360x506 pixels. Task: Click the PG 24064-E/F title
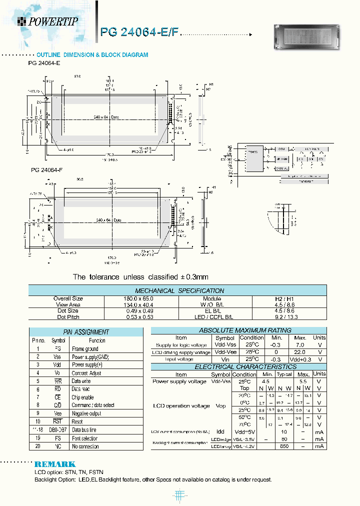[138, 32]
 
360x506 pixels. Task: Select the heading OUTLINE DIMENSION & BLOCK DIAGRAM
[92, 55]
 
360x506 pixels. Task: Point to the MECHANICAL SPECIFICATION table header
[179, 290]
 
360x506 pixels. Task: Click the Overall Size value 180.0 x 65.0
[141, 298]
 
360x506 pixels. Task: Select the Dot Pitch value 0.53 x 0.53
[141, 317]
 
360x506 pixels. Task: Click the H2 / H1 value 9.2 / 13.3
[289, 317]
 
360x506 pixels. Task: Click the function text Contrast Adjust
[86, 373]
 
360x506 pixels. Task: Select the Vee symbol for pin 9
[57, 413]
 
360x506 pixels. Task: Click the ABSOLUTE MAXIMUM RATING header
[238, 330]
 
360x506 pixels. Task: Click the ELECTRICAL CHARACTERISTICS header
[238, 367]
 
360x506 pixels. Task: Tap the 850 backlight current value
[284, 446]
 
